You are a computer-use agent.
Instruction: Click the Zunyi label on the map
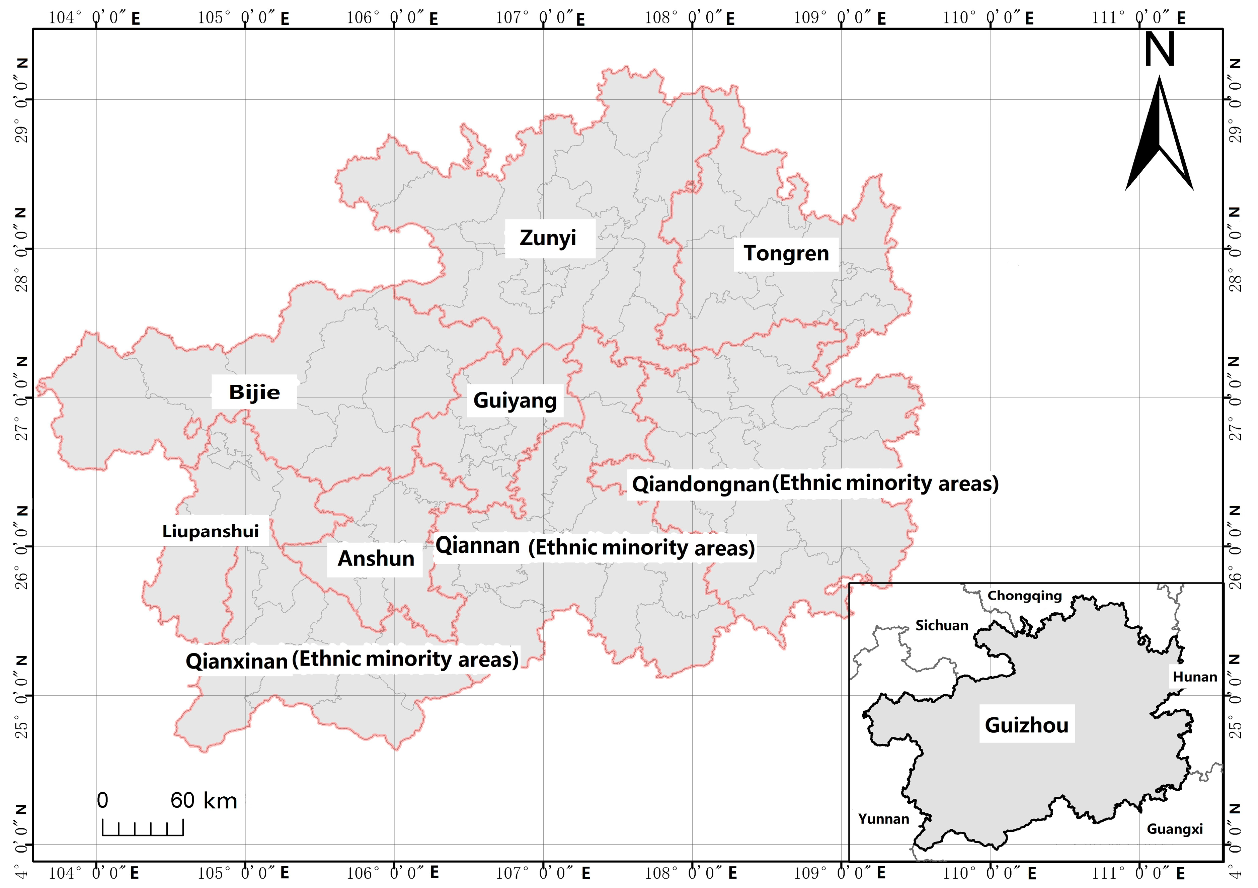548,238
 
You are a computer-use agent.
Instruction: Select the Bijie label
254,392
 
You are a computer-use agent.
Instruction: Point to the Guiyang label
515,401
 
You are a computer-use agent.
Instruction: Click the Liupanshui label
211,531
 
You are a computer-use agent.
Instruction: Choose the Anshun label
376,559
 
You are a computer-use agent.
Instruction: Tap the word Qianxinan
237,661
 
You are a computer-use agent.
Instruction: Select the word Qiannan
477,546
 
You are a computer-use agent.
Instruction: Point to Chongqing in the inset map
1025,596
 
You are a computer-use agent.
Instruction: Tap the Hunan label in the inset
1194,677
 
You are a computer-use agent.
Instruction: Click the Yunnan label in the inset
883,819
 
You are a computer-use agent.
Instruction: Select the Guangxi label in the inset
1175,829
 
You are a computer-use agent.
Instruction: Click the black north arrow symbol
1159,137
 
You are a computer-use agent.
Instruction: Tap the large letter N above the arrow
1159,49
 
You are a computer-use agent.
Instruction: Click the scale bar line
143,834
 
